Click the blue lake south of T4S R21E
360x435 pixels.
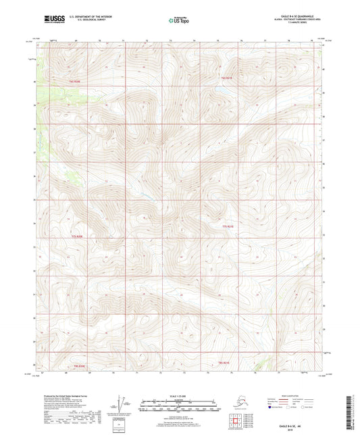(220, 87)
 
